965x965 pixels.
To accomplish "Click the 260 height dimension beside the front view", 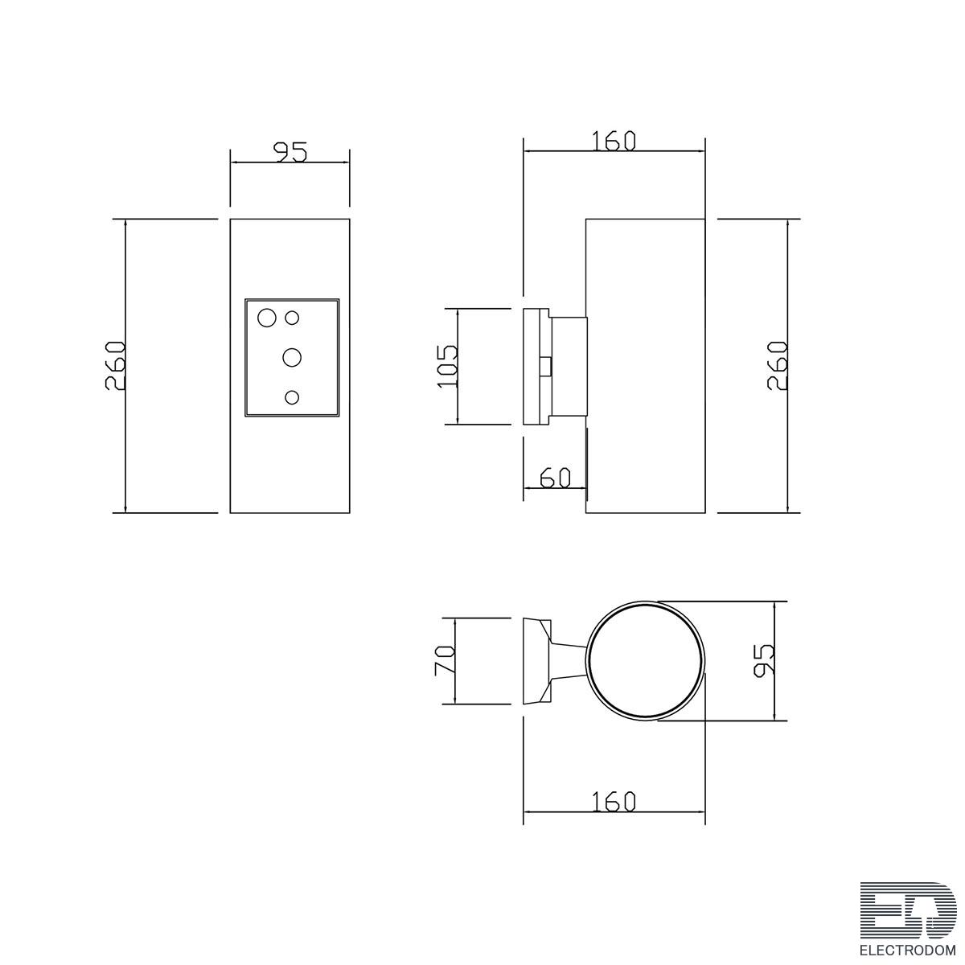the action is (115, 366).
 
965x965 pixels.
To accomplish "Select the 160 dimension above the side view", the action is (614, 141).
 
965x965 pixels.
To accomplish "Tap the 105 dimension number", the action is (448, 366).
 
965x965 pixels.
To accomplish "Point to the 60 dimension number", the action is (556, 478).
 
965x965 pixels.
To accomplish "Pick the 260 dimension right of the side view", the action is (777, 366).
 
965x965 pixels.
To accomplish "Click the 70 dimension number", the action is (445, 660).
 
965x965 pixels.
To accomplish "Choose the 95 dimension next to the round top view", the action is (764, 660).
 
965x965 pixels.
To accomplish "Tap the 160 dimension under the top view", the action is (614, 802).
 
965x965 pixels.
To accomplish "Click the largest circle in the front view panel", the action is (266, 317).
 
